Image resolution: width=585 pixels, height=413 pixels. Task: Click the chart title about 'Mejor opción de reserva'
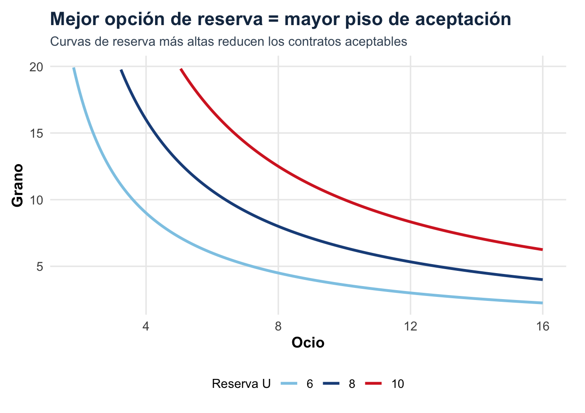[281, 19]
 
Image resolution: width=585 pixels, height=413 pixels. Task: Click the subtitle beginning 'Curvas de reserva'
[229, 42]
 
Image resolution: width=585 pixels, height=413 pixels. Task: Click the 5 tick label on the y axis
[39, 266]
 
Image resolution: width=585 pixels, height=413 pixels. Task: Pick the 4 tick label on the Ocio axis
[146, 326]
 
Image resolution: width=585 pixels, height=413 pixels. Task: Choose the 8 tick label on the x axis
[278, 326]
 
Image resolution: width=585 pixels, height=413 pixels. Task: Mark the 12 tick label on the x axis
[411, 326]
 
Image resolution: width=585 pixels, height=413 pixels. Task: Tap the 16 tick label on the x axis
[542, 326]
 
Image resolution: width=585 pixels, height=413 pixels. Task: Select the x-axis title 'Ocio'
[308, 343]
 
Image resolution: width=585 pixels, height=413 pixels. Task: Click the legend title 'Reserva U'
[241, 384]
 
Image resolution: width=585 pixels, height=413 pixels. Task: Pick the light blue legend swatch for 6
[290, 384]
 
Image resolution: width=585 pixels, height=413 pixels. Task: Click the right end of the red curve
[542, 249]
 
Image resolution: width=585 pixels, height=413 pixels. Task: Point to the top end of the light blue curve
[74, 68]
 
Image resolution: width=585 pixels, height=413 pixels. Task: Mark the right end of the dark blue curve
[542, 279]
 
